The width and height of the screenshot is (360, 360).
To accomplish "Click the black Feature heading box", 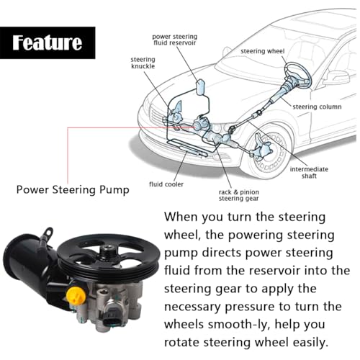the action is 48,42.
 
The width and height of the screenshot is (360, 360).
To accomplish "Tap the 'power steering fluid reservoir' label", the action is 175,40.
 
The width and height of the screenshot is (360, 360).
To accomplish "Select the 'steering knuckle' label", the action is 143,63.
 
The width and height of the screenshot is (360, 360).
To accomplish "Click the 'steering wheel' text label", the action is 262,51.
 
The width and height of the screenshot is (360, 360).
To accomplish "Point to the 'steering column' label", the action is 317,107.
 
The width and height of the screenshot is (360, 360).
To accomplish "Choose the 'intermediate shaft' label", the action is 309,173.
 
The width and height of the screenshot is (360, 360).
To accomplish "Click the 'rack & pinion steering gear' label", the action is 239,195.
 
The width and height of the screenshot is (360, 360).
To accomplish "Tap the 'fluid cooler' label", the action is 166,184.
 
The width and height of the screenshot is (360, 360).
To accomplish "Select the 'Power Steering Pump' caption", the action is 73,190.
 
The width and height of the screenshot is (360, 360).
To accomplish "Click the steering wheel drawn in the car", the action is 297,75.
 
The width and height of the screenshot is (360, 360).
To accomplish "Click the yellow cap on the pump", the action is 76,295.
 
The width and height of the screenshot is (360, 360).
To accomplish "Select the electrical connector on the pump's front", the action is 113,315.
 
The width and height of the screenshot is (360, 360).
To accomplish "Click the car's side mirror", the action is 336,78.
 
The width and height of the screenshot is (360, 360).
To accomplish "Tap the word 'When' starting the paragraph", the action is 181,217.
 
